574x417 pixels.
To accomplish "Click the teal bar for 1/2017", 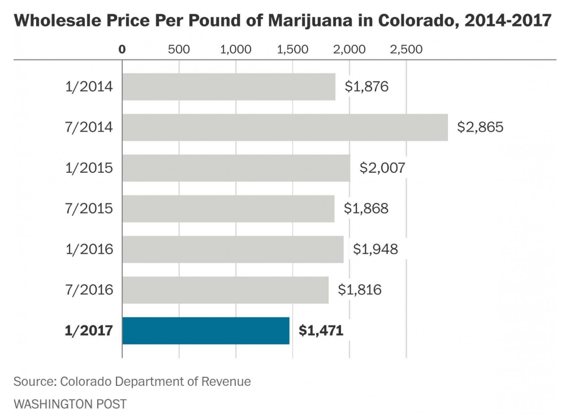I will click(206, 331).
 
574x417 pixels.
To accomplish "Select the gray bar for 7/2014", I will click(285, 127).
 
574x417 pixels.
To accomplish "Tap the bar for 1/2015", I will click(236, 168).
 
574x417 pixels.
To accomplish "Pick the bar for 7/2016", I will click(225, 290).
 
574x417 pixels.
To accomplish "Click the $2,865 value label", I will click(480, 127).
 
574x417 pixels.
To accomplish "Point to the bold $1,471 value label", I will click(321, 331).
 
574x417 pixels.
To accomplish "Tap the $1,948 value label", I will click(376, 249).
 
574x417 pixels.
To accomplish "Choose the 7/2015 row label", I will click(89, 208).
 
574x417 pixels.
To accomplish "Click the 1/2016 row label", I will click(89, 249).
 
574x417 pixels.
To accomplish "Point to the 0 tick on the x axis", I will click(122, 49).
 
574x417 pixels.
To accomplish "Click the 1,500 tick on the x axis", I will click(293, 49).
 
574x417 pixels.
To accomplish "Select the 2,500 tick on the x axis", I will click(407, 49).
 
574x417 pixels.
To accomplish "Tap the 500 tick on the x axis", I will click(179, 49).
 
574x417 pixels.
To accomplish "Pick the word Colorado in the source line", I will click(86, 381).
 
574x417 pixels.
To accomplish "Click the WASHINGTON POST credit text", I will click(70, 404).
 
